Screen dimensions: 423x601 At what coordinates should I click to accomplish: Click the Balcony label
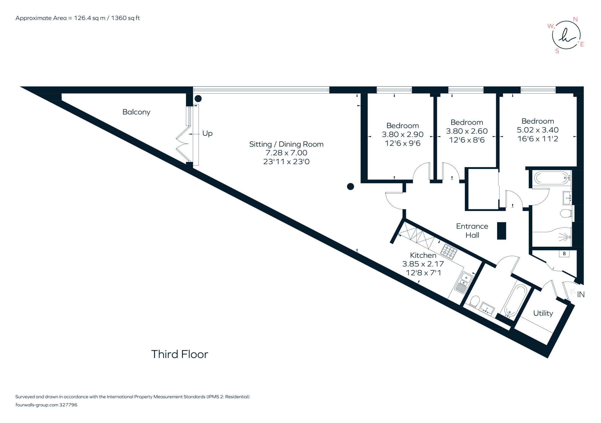tap(136, 112)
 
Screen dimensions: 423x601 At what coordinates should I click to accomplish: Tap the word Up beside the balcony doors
tap(207, 133)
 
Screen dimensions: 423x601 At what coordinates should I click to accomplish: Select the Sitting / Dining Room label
tap(286, 144)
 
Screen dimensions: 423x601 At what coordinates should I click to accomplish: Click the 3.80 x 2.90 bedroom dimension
tap(402, 134)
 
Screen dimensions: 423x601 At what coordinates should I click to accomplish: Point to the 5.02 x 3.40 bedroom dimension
tap(538, 130)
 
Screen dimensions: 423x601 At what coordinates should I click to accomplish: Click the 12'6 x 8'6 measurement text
tap(467, 140)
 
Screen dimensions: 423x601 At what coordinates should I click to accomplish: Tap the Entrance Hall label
tap(472, 231)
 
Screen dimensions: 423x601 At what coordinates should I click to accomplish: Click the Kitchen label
tap(423, 255)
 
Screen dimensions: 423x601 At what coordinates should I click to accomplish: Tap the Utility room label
tap(543, 313)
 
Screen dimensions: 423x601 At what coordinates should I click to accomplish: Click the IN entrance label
tap(581, 295)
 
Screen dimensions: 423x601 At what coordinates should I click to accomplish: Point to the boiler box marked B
tap(564, 254)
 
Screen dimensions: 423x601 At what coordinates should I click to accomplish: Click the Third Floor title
tap(180, 354)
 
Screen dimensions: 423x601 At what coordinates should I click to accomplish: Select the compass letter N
tap(575, 19)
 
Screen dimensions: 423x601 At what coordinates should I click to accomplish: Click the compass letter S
tap(557, 51)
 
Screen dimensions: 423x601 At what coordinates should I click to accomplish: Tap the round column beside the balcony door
tap(198, 99)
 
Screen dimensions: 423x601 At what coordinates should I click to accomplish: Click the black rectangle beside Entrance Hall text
tap(502, 231)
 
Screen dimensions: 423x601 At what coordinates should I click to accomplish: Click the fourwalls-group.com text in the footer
tap(37, 405)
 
